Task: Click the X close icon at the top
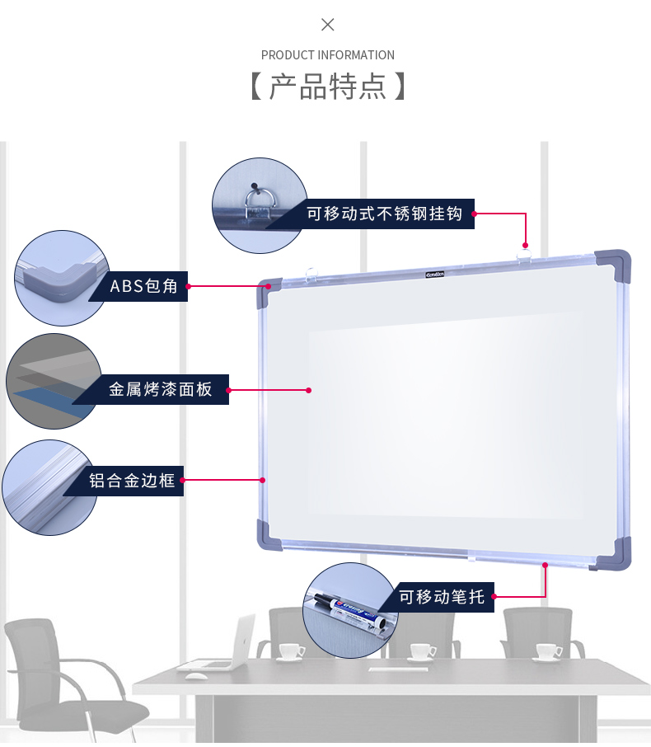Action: coord(328,25)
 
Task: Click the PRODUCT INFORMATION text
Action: coord(328,55)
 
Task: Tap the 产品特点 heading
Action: coord(328,87)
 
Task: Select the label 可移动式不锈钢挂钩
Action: coord(384,214)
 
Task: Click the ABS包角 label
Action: coord(144,286)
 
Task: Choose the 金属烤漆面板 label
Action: coord(161,389)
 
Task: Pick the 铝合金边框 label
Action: coord(132,481)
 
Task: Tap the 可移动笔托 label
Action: coord(442,597)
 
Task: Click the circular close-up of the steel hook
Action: coord(259,205)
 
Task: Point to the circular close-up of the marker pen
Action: coord(350,611)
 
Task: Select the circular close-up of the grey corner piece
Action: coord(62,278)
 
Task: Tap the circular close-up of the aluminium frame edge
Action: coord(49,487)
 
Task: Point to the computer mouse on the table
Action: coord(196,676)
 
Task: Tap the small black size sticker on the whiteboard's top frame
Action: coord(435,273)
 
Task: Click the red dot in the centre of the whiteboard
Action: coord(308,390)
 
